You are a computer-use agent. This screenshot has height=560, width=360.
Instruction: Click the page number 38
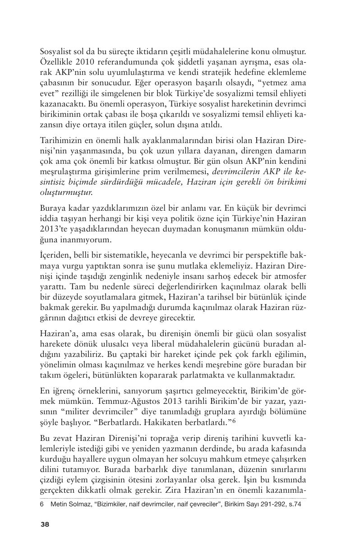tap(45, 524)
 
